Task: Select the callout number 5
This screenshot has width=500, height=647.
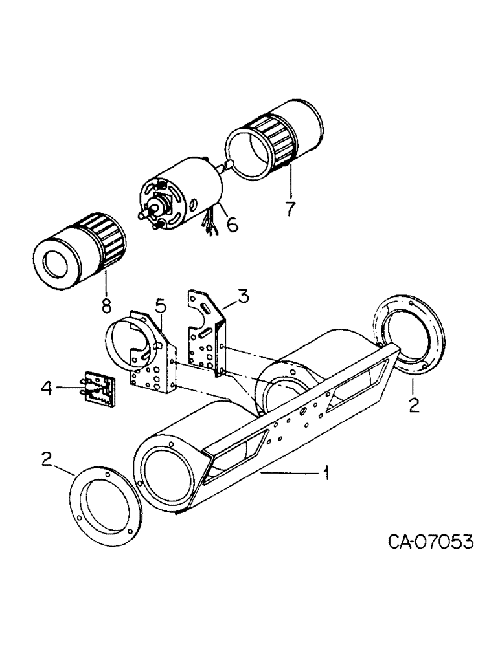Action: click(160, 303)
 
